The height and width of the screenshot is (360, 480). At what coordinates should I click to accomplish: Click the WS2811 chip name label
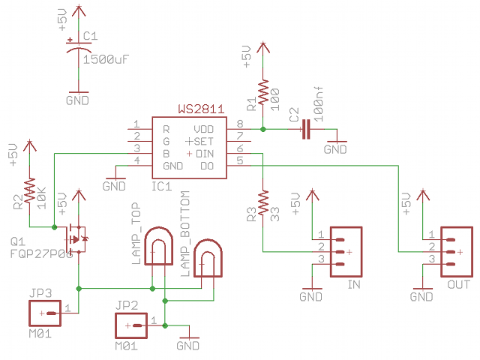200,109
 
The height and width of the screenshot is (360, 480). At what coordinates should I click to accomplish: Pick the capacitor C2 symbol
304,130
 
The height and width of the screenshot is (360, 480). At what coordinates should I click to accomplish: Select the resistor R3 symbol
262,202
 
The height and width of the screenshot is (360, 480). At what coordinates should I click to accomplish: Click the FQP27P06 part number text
42,254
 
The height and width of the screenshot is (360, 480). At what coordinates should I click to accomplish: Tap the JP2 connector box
132,325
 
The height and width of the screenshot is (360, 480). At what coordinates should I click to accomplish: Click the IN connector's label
354,285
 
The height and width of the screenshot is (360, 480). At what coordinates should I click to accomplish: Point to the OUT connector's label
458,285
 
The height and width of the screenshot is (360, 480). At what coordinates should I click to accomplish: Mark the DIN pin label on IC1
205,154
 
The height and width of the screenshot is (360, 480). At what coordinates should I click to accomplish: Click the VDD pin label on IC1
203,129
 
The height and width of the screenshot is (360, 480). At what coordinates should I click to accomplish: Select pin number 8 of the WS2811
240,124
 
